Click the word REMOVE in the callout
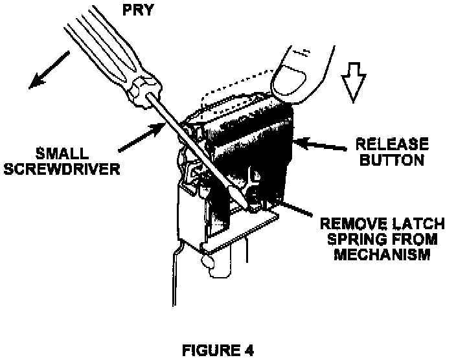[x=348, y=225]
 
